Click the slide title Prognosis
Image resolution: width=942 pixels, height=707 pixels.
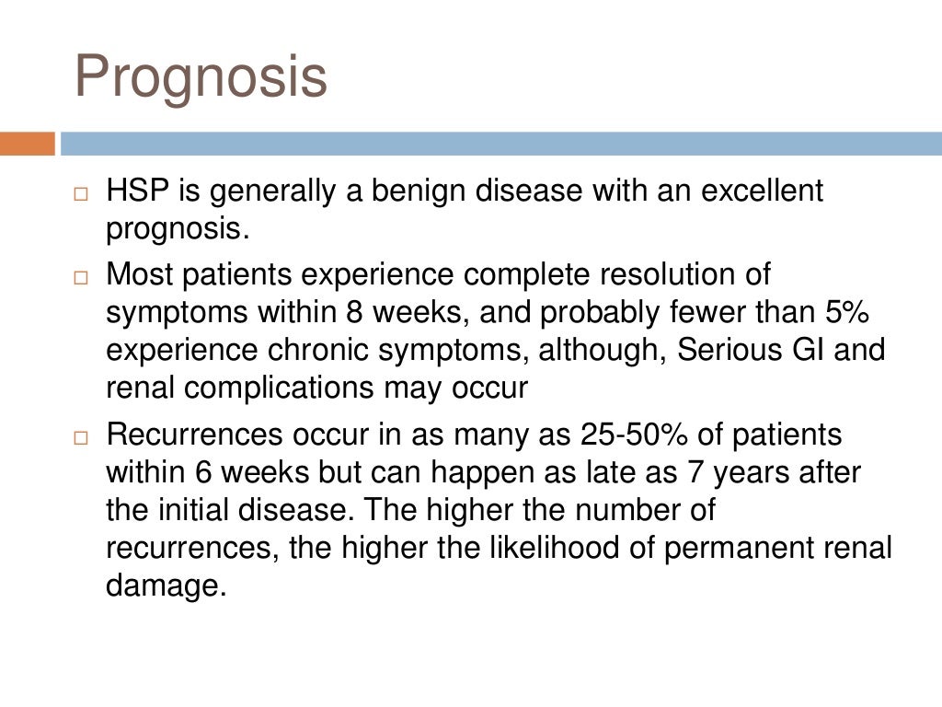[x=201, y=77]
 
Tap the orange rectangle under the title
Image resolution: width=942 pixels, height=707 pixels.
[x=28, y=145]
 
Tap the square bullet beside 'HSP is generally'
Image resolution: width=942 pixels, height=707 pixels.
[x=81, y=195]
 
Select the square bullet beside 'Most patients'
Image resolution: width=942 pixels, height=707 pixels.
[x=81, y=278]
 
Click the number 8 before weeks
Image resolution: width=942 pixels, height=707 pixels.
[x=354, y=313]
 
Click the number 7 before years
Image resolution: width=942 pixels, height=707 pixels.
[x=696, y=472]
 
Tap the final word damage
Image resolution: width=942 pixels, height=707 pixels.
[x=166, y=586]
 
